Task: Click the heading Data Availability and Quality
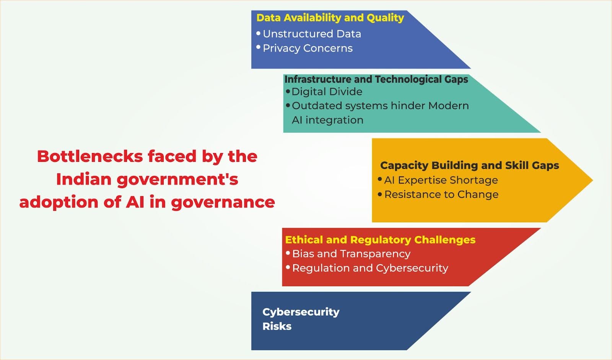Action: (x=330, y=18)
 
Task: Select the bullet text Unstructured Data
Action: (x=312, y=34)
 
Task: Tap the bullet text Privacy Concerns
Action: (x=308, y=48)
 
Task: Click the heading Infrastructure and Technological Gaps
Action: (x=376, y=79)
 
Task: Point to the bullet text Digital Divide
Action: (x=327, y=91)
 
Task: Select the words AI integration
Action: (x=327, y=120)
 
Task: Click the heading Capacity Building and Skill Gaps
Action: (x=469, y=165)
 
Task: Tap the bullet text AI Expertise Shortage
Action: (x=441, y=180)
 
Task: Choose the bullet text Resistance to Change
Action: (x=441, y=194)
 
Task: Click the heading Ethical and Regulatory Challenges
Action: (x=380, y=240)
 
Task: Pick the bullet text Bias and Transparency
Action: (x=351, y=254)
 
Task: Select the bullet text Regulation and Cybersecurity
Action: (x=370, y=268)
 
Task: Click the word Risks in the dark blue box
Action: (x=277, y=326)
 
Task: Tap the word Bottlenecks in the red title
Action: (x=90, y=156)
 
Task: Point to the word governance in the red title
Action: (x=223, y=202)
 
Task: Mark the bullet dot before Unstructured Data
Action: (x=258, y=33)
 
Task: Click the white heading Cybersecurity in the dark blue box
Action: (x=301, y=312)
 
